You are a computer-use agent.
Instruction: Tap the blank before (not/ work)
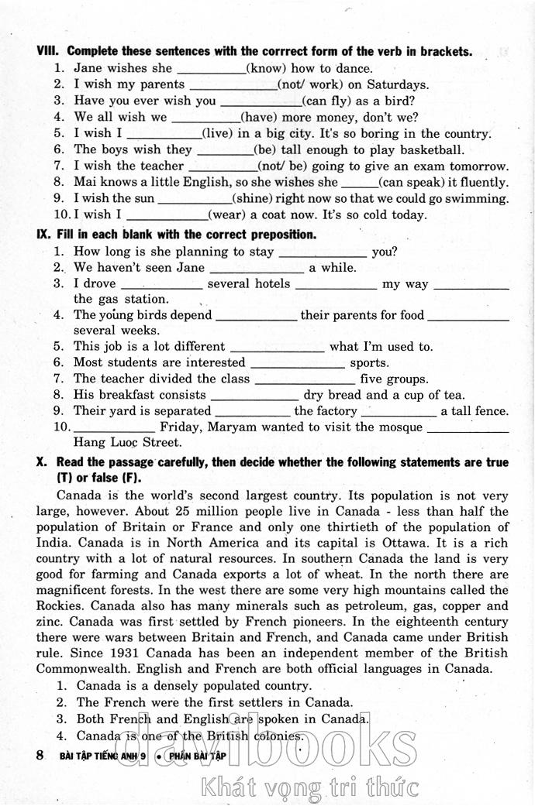point(233,85)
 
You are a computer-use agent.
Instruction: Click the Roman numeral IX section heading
point(43,234)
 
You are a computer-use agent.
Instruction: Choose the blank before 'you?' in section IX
point(322,252)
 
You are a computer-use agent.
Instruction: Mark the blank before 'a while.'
point(257,269)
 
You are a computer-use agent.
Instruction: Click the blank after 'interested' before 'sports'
point(298,363)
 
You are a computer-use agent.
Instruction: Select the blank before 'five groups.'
point(305,379)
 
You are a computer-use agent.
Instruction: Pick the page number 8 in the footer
point(40,755)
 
